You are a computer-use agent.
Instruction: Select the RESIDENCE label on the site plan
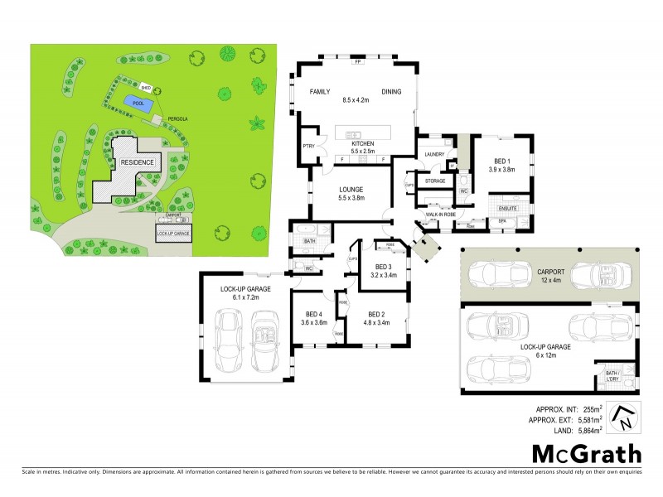coord(138,162)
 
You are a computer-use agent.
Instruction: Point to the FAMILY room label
coord(321,92)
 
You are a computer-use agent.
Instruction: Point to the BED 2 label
coord(375,315)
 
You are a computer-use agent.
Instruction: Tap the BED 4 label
coord(313,315)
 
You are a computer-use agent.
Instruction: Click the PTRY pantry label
coord(308,147)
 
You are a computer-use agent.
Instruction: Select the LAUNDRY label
coord(435,155)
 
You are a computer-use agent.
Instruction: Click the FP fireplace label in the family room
coord(358,63)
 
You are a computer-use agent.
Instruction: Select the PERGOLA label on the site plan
coord(178,119)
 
